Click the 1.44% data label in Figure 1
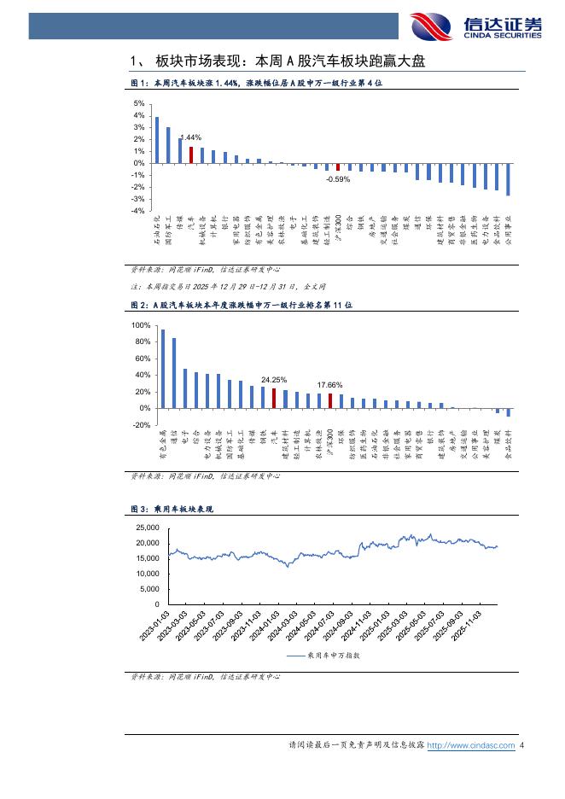[x=190, y=137]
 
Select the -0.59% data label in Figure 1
[x=338, y=179]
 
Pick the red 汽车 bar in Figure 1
[x=191, y=155]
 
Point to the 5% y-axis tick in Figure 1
[x=139, y=103]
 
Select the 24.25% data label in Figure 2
[x=274, y=379]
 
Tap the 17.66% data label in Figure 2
[x=330, y=385]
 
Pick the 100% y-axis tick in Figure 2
[x=138, y=326]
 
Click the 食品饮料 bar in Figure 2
[x=509, y=412]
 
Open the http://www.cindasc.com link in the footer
[x=470, y=745]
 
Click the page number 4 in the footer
[x=521, y=745]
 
